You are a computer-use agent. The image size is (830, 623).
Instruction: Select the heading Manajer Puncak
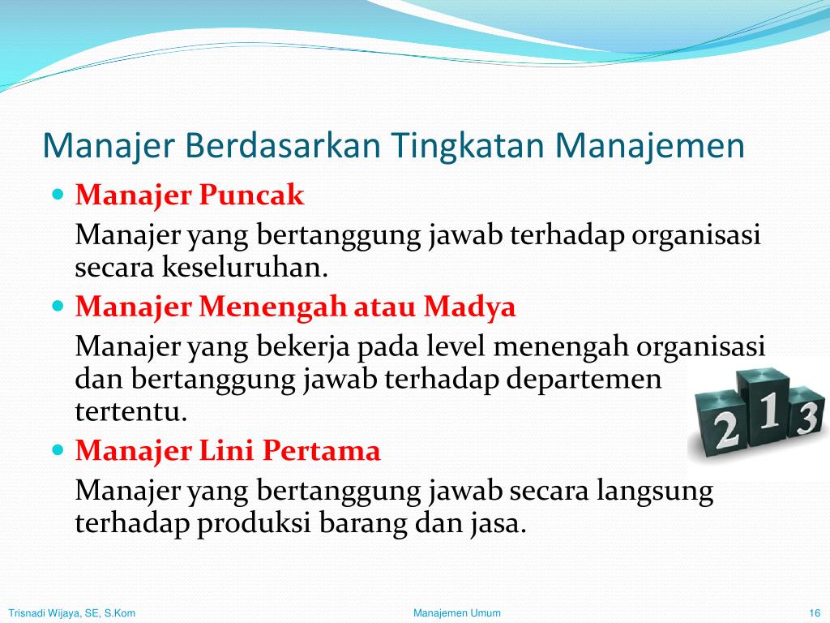[x=190, y=195]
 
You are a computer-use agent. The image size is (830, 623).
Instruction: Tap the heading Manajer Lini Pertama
[x=228, y=450]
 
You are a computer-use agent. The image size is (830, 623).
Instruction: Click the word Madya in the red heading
[x=469, y=307]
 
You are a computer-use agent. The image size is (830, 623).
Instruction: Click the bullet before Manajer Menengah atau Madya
[x=58, y=306]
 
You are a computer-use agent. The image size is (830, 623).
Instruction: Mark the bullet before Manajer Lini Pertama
[x=58, y=449]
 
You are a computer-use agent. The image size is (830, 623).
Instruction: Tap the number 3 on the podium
[x=808, y=418]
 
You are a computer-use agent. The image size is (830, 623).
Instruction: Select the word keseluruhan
[x=245, y=267]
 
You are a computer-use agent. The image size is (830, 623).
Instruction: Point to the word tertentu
[x=131, y=411]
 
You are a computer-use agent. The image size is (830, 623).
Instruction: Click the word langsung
[x=655, y=492]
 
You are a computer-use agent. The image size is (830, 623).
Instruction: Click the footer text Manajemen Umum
[x=457, y=613]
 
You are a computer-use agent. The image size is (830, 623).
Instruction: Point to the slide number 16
[x=815, y=613]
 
